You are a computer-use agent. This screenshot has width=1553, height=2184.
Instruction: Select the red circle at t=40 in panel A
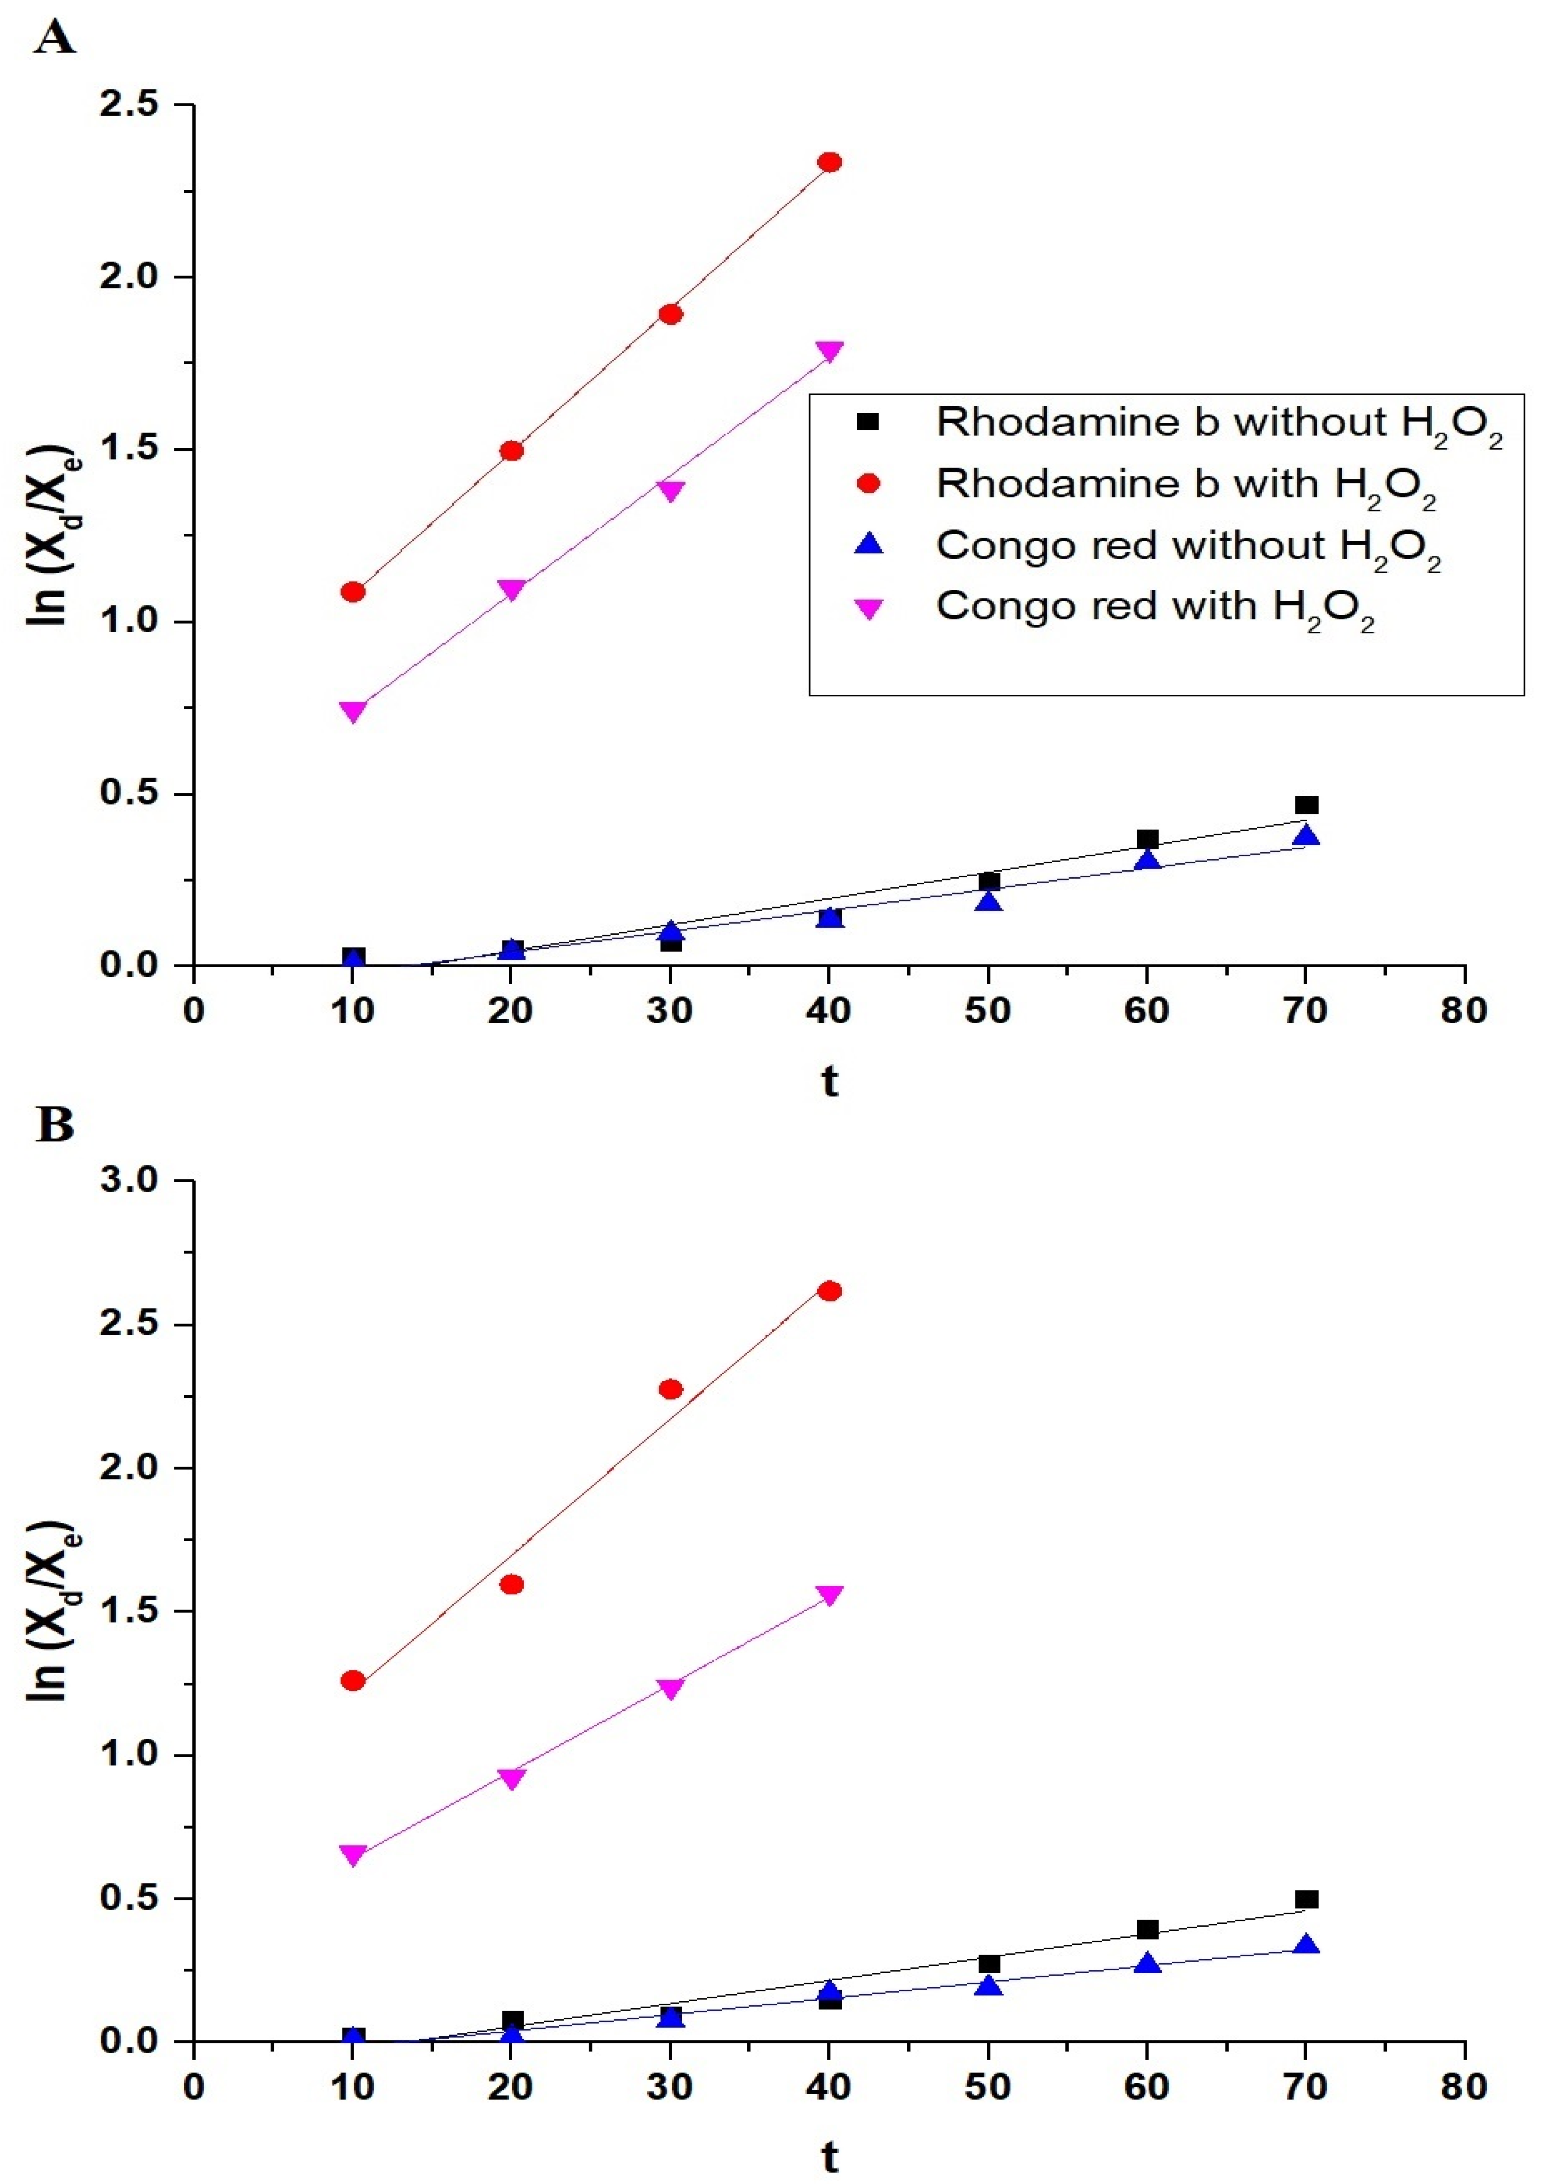coord(830,163)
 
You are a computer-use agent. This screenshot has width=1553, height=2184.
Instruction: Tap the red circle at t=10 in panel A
coord(353,592)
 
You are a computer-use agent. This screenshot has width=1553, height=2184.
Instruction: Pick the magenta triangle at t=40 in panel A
coord(830,351)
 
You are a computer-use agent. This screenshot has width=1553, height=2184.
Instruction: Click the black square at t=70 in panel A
coord(1306,805)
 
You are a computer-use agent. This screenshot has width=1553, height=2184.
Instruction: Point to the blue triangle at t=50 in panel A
coord(989,901)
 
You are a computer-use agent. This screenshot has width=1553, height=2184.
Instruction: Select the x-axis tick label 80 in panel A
coord(1464,1011)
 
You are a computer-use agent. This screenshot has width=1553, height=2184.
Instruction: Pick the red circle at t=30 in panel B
coord(671,1388)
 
